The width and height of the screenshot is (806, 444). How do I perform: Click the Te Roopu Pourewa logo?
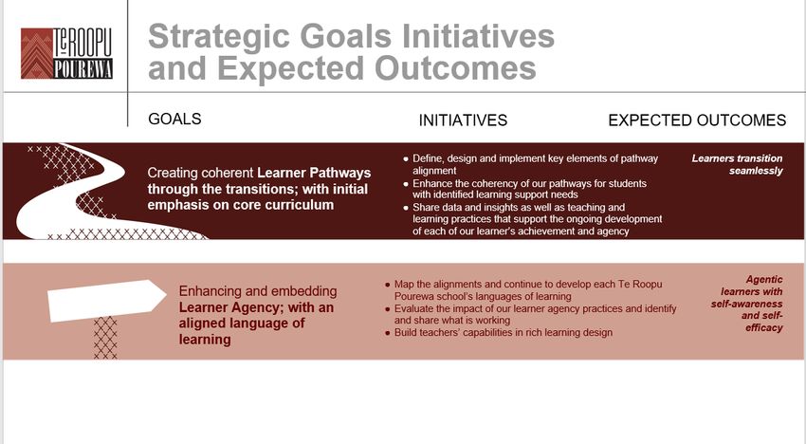click(x=66, y=53)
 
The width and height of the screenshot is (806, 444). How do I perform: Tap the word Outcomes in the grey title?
click(x=455, y=68)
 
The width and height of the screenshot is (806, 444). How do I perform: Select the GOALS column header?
click(x=174, y=119)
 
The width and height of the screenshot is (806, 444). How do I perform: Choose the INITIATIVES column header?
click(x=463, y=120)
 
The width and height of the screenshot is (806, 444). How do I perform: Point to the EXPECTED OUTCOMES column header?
click(x=697, y=120)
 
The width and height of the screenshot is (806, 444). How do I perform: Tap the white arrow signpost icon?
click(x=107, y=300)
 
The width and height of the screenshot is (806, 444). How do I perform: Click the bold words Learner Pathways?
click(x=314, y=173)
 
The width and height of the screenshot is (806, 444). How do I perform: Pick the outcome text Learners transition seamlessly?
click(x=737, y=165)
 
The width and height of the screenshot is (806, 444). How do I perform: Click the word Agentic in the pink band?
click(x=764, y=279)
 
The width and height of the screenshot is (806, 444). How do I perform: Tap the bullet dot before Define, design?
click(x=406, y=159)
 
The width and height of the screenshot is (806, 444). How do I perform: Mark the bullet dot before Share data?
click(x=406, y=209)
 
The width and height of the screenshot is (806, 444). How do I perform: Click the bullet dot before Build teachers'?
click(x=388, y=333)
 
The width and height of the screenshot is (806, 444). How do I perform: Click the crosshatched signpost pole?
click(x=105, y=338)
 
